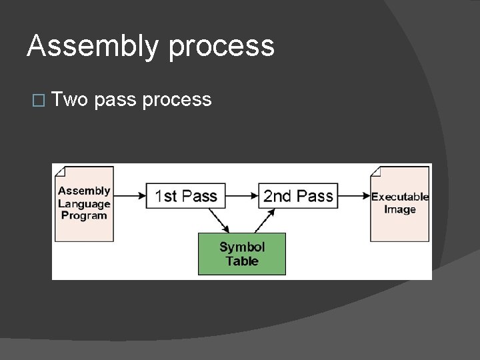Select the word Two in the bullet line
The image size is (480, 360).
click(71, 100)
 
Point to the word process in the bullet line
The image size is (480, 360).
click(177, 100)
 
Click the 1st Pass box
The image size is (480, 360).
click(186, 196)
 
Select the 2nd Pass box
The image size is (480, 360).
click(297, 196)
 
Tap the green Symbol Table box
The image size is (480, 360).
click(242, 253)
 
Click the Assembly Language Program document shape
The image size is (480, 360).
click(83, 203)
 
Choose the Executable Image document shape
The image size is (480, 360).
click(400, 203)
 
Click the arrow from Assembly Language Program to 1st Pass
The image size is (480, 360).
click(129, 196)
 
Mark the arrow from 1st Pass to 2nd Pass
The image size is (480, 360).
click(241, 196)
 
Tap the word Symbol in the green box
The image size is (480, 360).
click(242, 247)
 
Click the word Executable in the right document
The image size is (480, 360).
click(400, 197)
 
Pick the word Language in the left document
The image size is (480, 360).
click(84, 203)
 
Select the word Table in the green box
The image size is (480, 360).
click(242, 261)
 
